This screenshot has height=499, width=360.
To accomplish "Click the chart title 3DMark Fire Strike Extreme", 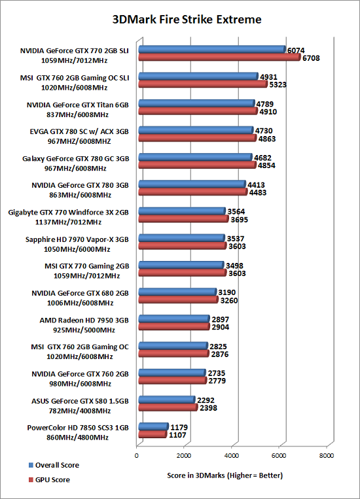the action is point(187,20).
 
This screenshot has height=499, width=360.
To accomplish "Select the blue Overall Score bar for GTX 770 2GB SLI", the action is point(212,49).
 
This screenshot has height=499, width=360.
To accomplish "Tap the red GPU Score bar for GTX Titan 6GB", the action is point(198,111).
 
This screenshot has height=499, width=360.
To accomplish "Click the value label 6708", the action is point(311,58).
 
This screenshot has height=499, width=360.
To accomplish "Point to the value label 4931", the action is point(268,77).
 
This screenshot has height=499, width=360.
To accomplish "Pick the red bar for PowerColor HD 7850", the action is point(153,434).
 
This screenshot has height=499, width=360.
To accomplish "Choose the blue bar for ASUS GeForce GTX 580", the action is point(167,400).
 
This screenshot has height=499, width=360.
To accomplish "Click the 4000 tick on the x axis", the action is point(231,455).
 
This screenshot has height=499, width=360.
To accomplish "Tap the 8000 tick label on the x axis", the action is point(327,455).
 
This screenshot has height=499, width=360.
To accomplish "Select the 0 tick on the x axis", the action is point(136,455).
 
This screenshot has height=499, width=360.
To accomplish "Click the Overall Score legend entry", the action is point(54,465).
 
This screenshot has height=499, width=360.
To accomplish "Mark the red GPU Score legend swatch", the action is point(31,479).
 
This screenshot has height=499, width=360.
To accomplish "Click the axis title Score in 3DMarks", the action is point(225,475).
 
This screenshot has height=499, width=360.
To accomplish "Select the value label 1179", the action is point(179,428).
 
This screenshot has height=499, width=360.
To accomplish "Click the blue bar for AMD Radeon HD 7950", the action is point(174,319).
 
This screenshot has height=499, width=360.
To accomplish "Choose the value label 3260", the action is point(228,300).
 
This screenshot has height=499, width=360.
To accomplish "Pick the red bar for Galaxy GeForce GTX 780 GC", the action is point(197,165).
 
